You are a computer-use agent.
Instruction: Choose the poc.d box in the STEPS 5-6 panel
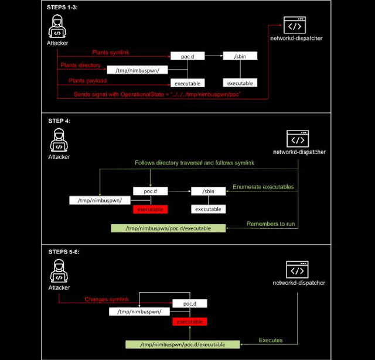(x=190, y=303)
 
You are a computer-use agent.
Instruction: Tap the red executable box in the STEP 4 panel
(x=150, y=209)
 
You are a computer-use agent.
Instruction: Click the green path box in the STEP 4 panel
(x=161, y=228)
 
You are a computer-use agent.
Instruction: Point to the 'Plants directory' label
(x=84, y=66)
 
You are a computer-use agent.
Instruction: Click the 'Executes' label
(x=271, y=340)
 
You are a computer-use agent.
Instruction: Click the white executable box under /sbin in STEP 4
(x=208, y=209)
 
